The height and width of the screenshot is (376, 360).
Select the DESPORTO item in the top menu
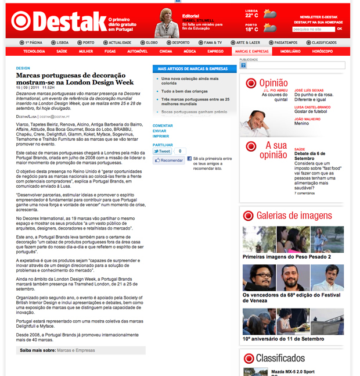[x=181, y=42]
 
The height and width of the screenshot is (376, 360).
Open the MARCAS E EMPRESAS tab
[x=251, y=51]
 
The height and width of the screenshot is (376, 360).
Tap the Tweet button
[x=161, y=151]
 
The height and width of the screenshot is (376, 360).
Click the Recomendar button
[x=168, y=160]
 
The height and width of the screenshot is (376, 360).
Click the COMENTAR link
[x=163, y=126]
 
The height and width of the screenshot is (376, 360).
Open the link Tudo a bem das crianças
[x=184, y=91]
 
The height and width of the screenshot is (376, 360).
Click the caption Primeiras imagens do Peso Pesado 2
[x=286, y=256]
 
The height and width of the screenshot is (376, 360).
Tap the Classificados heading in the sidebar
[x=280, y=358]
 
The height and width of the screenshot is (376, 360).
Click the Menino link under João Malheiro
[x=302, y=123]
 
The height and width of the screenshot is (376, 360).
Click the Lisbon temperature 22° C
[x=251, y=16]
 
